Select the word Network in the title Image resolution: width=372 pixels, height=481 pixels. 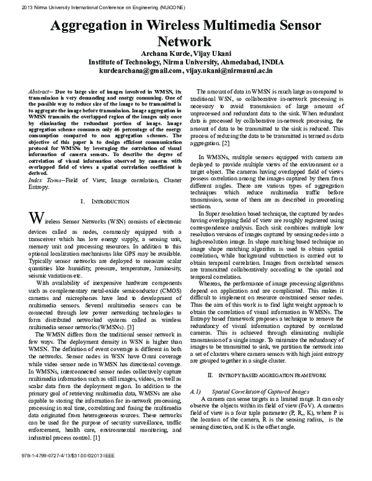pos(185,42)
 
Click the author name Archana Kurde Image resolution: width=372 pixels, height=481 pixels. pos(162,53)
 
